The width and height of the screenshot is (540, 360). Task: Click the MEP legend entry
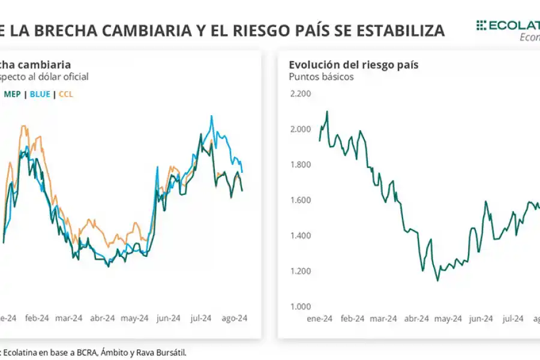(x=12, y=94)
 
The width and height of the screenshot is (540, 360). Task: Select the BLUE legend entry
(x=40, y=94)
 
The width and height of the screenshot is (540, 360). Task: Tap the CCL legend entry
(x=66, y=94)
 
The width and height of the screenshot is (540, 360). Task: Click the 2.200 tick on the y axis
(x=300, y=94)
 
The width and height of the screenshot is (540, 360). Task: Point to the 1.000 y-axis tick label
(x=300, y=307)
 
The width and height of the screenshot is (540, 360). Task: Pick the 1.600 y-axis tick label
(x=300, y=200)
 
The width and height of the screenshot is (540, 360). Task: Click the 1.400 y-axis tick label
(x=300, y=236)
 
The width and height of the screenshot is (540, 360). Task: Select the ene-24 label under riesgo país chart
(x=319, y=319)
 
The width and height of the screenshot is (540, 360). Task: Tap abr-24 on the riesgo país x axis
(x=416, y=319)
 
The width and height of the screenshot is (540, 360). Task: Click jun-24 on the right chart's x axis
(x=481, y=319)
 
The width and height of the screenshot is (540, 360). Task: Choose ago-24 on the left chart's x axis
(x=235, y=319)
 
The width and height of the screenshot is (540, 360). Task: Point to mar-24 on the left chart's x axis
(x=69, y=319)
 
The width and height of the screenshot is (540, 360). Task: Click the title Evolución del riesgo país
(x=353, y=65)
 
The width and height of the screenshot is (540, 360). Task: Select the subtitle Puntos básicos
(x=321, y=77)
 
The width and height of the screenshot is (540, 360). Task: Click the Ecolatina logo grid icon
(x=481, y=25)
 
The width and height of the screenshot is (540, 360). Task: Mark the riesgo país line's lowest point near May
(x=437, y=280)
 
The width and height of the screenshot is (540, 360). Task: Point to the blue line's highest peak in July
(x=211, y=116)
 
